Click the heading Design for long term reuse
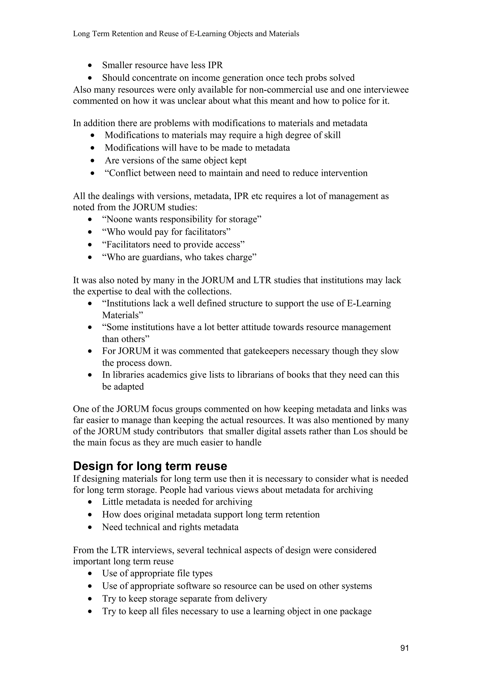pos(150,466)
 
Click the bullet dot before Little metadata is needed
pos(91,502)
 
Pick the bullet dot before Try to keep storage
pos(91,599)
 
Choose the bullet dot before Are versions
pos(93,160)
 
